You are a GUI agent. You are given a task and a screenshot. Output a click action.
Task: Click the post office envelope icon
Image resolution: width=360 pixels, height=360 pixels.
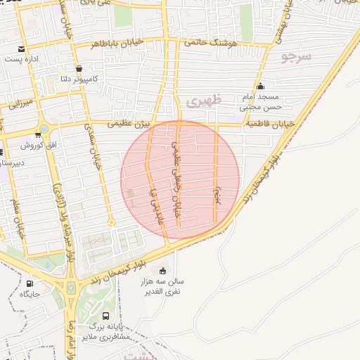pyautogui.click(x=23, y=49)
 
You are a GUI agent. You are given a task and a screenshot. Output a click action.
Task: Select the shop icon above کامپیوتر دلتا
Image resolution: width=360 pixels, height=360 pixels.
pyautogui.click(x=79, y=69)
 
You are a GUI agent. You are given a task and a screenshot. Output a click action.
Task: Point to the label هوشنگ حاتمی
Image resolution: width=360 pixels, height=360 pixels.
pyautogui.click(x=211, y=43)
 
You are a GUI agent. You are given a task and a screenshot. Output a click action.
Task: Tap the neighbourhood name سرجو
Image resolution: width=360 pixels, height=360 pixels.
pyautogui.click(x=295, y=56)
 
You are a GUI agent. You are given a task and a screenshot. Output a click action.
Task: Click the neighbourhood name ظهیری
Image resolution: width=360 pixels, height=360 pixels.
pyautogui.click(x=205, y=101)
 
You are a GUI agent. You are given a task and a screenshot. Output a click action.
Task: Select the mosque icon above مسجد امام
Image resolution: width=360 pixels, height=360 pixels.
pyautogui.click(x=260, y=86)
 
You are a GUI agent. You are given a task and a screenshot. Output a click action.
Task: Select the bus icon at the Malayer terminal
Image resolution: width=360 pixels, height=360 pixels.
pyautogui.click(x=105, y=316)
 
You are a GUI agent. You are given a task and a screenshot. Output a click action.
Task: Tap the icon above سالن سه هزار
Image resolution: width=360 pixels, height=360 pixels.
pyautogui.click(x=163, y=271)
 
